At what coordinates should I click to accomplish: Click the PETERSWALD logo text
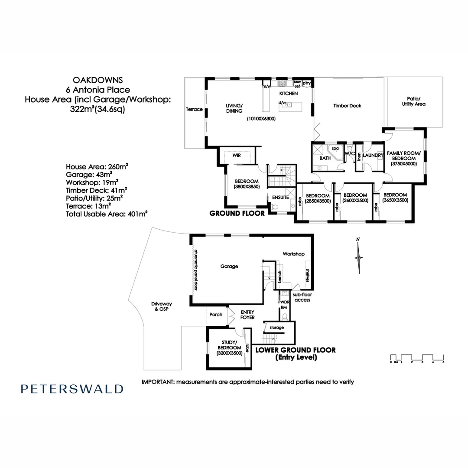coord(72,389)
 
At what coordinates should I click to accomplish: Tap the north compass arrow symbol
coord(358,256)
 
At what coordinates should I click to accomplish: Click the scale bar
coord(417,358)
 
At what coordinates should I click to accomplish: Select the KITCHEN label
coord(288,94)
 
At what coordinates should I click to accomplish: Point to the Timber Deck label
coord(347,106)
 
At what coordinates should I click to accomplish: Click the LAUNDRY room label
coord(373,155)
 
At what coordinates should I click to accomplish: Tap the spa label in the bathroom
coord(335,148)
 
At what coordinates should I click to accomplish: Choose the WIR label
coord(237,155)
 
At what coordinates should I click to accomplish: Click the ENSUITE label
coord(280,197)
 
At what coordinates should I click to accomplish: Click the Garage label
coord(229,266)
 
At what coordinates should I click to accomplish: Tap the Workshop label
coord(294,254)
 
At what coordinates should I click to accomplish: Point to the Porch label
coord(215,315)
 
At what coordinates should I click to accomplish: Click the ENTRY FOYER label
coord(247,315)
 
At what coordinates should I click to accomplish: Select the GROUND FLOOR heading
coord(237,213)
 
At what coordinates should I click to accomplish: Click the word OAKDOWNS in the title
coord(97,80)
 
